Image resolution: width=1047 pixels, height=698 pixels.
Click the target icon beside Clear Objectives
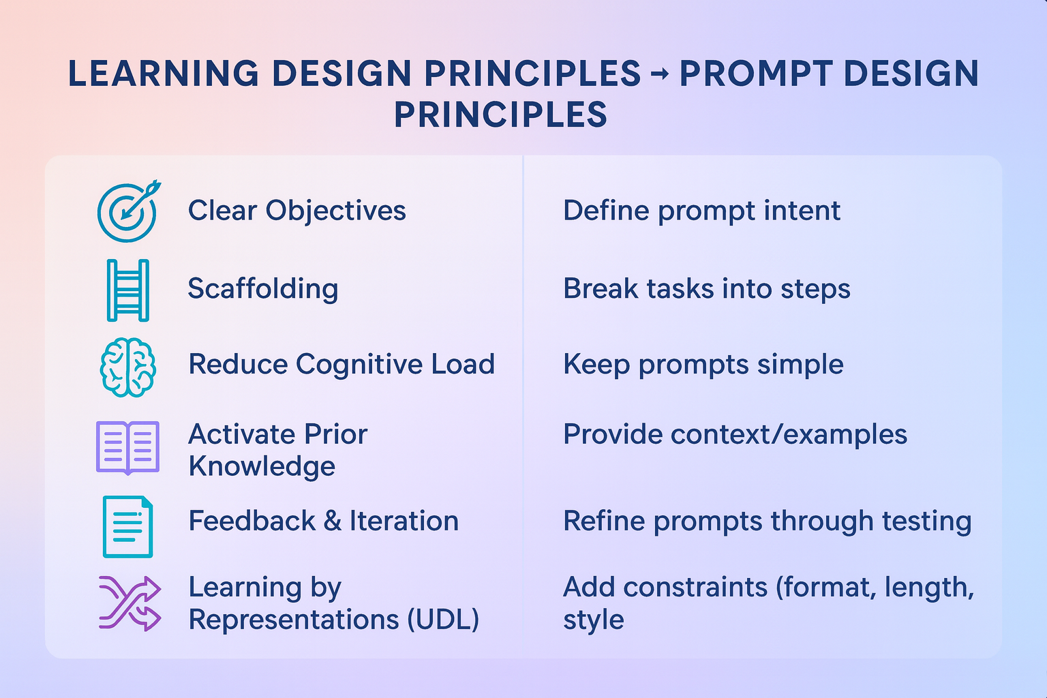point(127,212)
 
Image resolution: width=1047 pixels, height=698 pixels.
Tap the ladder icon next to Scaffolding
point(127,290)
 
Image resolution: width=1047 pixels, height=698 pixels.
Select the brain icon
point(127,367)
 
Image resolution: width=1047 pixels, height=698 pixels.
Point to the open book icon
point(127,448)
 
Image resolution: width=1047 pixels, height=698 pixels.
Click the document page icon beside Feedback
point(127,526)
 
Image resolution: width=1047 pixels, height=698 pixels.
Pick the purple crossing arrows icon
point(130,603)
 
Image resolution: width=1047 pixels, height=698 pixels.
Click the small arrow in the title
point(660,74)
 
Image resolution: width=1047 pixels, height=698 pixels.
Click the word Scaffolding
point(262,288)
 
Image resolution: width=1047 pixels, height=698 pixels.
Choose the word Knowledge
point(262,466)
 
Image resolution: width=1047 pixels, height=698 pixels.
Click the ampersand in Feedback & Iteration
point(332,521)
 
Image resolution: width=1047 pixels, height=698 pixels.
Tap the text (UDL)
point(443,620)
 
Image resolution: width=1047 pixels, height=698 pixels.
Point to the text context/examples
point(789,434)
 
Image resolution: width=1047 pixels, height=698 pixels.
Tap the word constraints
point(695,587)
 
